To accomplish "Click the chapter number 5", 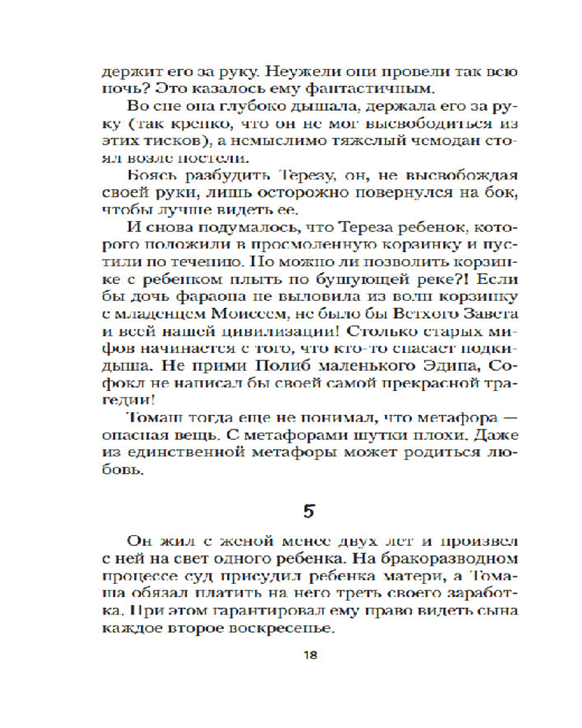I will coord(309,510).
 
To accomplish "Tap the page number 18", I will coord(309,654).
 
